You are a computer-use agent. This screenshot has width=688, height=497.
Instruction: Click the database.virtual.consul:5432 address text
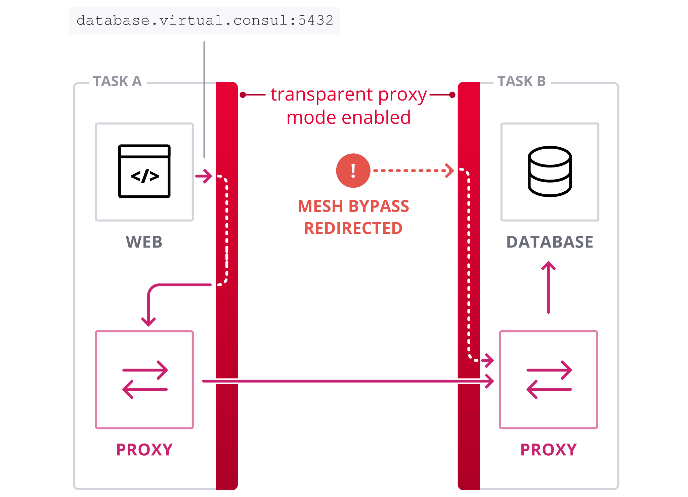click(205, 21)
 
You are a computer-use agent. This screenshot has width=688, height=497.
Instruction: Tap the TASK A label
click(117, 81)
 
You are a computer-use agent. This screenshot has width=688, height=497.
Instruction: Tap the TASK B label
click(521, 81)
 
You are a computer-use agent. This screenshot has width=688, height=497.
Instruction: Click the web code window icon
click(144, 171)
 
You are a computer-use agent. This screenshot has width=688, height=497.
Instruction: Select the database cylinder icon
click(550, 171)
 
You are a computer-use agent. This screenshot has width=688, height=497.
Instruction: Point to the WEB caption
click(144, 242)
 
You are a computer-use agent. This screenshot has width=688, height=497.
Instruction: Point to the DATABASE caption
click(550, 242)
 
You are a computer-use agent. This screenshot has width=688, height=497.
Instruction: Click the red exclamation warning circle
click(353, 170)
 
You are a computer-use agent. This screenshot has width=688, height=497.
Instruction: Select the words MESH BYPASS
click(353, 206)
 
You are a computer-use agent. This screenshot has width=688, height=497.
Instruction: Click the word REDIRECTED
click(353, 228)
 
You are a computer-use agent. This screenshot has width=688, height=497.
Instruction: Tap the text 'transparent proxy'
click(349, 94)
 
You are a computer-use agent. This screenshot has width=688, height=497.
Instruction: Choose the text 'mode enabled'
click(349, 117)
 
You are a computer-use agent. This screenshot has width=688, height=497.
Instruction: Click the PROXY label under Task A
click(144, 450)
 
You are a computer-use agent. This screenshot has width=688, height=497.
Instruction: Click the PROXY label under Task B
click(548, 450)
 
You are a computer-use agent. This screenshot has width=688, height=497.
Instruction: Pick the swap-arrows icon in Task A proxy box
click(145, 380)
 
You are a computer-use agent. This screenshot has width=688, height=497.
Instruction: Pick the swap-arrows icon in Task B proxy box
click(549, 380)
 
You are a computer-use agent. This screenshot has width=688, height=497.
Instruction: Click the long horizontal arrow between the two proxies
click(346, 381)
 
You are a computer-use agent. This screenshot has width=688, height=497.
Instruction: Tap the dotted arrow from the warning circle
click(413, 170)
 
